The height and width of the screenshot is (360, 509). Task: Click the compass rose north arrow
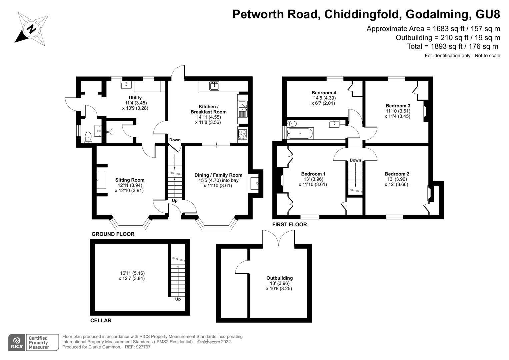coord(31,29)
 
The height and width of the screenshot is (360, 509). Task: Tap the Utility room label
coord(135,98)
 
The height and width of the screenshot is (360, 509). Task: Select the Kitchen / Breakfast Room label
coord(209,109)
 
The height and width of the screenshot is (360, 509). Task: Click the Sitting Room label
coord(130,180)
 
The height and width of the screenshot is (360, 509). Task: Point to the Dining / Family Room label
coord(218,175)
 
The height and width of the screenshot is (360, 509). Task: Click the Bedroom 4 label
coord(324,93)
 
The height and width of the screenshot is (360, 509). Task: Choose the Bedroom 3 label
coord(398,106)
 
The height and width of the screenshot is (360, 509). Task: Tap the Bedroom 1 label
coord(313,174)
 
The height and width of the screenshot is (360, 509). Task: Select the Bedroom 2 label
coord(397,174)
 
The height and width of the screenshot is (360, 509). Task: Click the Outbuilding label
coord(279,278)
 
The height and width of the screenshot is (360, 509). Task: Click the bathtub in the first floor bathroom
coord(300,133)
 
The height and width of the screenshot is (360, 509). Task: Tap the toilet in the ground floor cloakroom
coord(88,137)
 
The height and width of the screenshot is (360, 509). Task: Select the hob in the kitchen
coord(242,134)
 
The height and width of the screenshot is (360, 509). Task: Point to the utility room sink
coord(126,85)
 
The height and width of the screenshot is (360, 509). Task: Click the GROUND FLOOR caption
coord(113,234)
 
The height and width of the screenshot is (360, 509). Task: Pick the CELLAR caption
coord(101,320)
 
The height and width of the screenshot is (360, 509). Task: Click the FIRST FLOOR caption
coord(289,225)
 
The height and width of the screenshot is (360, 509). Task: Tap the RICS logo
coord(17,343)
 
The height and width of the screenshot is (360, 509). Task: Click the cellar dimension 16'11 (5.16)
coord(132,273)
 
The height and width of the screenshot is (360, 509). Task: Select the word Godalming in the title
coord(435,14)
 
